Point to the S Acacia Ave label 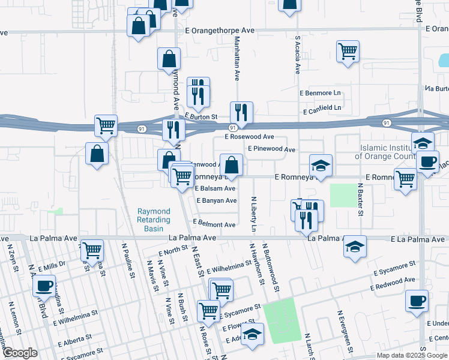(297, 55)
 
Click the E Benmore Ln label (320, 94)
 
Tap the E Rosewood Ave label (249, 137)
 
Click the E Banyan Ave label (216, 200)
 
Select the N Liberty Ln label (253, 214)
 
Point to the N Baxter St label (361, 199)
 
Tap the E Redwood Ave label (393, 284)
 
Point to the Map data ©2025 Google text (411, 355)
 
